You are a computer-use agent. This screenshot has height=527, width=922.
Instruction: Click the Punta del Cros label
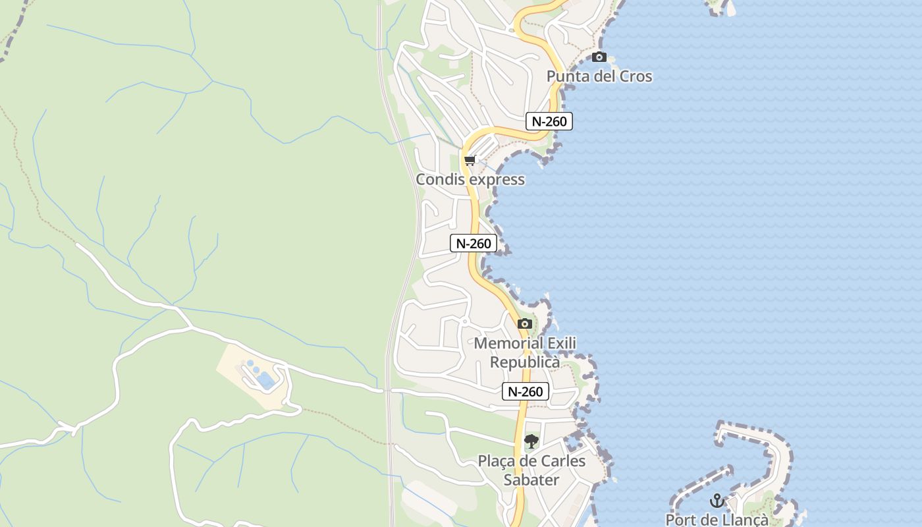tap(599, 76)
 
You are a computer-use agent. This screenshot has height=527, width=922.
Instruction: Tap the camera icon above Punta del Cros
tap(599, 57)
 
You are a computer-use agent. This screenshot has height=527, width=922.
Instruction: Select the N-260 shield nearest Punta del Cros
tap(549, 121)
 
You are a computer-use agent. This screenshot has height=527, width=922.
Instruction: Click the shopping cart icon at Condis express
tap(470, 161)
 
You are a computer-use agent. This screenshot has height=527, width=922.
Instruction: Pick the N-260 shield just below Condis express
tap(474, 243)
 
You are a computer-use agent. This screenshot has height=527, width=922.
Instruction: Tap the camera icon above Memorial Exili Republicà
tap(525, 323)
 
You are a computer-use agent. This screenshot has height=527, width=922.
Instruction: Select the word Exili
tap(560, 343)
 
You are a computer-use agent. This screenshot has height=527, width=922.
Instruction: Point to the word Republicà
tap(525, 362)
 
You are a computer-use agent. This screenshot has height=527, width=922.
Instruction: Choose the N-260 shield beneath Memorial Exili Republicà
tap(525, 391)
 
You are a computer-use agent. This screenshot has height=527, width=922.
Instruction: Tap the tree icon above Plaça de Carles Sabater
tap(531, 441)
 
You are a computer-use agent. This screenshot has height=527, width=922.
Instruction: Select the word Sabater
tap(531, 480)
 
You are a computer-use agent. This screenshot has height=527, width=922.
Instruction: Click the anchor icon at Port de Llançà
tap(717, 501)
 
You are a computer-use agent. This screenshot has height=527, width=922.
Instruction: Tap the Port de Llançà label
tap(717, 520)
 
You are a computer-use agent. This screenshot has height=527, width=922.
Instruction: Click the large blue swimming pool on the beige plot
tap(265, 379)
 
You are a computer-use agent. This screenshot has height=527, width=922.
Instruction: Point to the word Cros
tap(634, 76)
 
